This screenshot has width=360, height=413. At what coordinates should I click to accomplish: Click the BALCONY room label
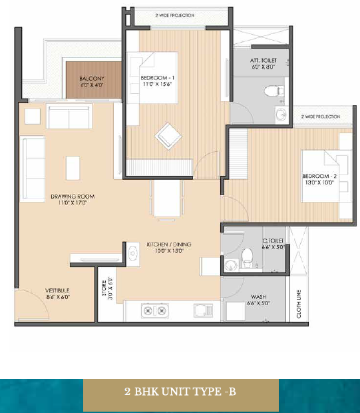[92, 79]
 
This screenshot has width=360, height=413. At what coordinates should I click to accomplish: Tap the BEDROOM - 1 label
[157, 78]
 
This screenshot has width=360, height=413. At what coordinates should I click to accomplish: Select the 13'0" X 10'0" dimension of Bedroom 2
[319, 183]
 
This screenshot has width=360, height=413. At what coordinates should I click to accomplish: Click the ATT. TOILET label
[263, 61]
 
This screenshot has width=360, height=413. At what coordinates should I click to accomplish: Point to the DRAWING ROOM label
[73, 197]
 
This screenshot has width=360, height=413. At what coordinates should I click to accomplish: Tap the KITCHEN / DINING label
[169, 244]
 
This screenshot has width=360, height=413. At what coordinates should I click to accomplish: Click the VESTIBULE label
[57, 290]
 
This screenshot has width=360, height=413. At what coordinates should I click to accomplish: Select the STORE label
[104, 288]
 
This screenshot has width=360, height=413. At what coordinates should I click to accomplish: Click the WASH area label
[258, 297]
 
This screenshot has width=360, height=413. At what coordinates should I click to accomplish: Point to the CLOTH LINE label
[299, 304]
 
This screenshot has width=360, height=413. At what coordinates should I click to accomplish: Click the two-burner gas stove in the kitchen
[155, 311]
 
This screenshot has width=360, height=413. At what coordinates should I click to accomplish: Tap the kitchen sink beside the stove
[203, 311]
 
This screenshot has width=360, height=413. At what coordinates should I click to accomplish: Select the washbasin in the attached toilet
[281, 115]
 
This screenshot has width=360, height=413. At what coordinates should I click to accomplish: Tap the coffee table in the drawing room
[73, 168]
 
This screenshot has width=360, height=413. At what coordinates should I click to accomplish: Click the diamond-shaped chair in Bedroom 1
[168, 136]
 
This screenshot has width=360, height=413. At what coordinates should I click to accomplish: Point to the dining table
[167, 198]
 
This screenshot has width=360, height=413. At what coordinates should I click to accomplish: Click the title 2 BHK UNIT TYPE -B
[180, 392]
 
